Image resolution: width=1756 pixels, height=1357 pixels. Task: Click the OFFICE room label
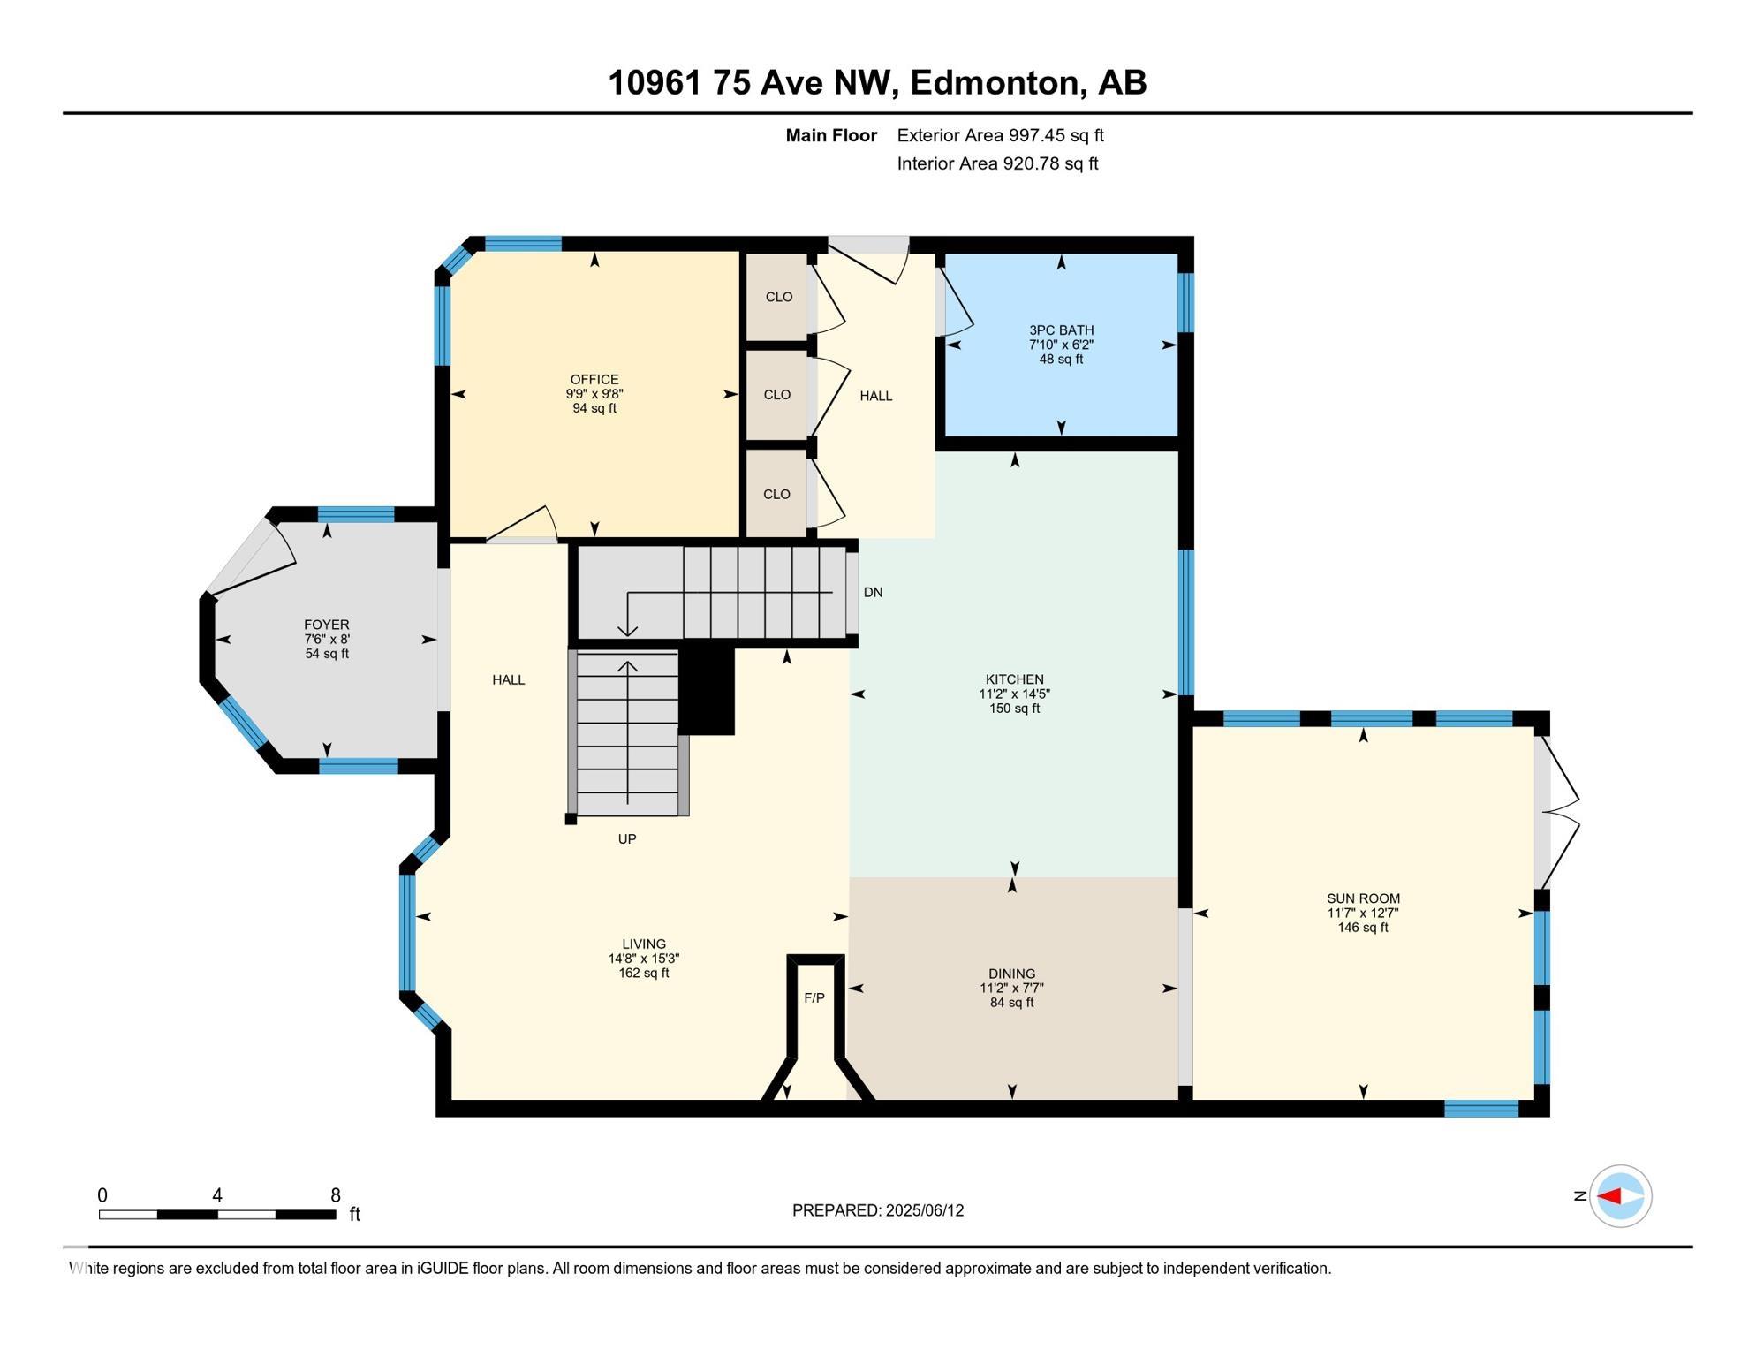(x=594, y=380)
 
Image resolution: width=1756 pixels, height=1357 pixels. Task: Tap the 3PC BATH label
(x=1061, y=330)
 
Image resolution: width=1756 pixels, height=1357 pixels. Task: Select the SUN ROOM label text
(x=1363, y=898)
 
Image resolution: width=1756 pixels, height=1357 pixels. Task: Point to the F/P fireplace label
(x=814, y=997)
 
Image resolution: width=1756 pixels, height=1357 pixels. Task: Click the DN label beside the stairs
(x=873, y=592)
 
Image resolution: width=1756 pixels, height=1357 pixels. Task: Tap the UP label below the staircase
(x=627, y=838)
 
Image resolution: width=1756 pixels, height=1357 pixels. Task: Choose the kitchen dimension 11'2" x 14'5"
(x=1014, y=694)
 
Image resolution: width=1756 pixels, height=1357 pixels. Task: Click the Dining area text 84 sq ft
(x=1012, y=1003)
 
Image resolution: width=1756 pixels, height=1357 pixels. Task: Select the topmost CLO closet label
(x=779, y=297)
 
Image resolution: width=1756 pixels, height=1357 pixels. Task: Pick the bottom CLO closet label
(x=777, y=494)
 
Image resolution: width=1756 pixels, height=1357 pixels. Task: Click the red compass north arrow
(x=1609, y=1196)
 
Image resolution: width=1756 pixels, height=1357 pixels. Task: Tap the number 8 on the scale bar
(x=336, y=1195)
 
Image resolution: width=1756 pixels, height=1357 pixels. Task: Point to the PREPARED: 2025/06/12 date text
(x=878, y=1210)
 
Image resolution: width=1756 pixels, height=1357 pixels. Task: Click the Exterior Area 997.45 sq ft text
(x=1001, y=135)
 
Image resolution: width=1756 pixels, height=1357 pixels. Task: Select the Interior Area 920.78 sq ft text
(x=998, y=163)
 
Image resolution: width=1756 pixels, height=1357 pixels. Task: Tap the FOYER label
(x=327, y=625)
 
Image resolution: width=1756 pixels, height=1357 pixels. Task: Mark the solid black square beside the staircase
(x=707, y=690)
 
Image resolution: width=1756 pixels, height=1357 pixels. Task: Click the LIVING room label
(x=644, y=944)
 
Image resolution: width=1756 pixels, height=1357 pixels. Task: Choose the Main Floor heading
(x=831, y=135)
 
